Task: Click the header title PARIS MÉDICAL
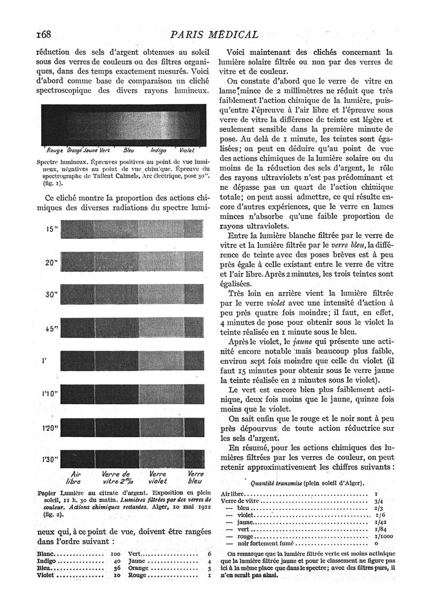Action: point(214,35)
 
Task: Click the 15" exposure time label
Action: point(52,230)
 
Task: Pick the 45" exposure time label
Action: point(52,329)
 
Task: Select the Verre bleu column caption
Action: point(196,478)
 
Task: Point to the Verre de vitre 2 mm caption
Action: point(117,478)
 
